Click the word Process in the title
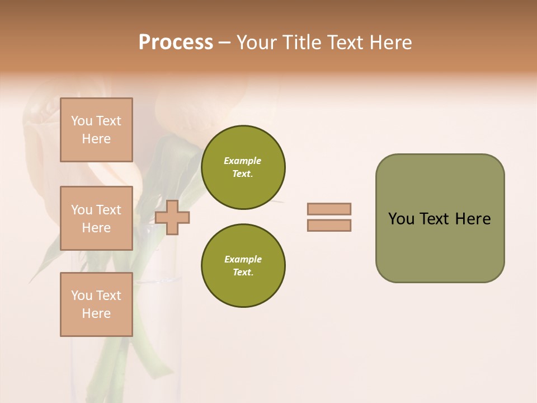tap(176, 43)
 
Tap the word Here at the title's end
tap(391, 43)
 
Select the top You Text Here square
tap(96, 130)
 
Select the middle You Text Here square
tap(96, 218)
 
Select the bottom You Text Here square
tap(96, 304)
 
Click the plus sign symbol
tap(172, 218)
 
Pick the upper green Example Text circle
tap(243, 167)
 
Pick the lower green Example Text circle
tap(243, 266)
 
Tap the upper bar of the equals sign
tap(329, 209)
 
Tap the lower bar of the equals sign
tap(329, 226)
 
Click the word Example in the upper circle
tap(243, 161)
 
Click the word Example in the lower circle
tap(243, 259)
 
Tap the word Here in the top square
tap(96, 139)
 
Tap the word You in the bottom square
tap(82, 296)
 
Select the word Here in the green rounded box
tap(473, 219)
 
